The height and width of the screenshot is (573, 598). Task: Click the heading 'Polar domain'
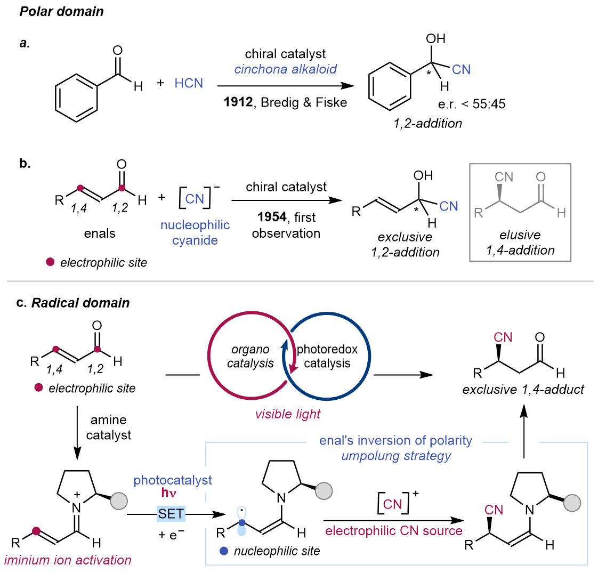[62, 12]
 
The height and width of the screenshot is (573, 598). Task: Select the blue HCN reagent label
[189, 84]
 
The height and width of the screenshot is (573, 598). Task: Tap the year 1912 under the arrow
[238, 102]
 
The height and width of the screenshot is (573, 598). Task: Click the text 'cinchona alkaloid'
[286, 69]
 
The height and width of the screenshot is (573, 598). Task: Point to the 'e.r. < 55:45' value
[472, 104]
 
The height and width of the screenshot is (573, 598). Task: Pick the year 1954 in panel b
[272, 217]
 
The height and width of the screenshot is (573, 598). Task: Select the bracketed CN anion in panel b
[195, 198]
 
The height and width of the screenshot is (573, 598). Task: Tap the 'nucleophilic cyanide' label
[195, 232]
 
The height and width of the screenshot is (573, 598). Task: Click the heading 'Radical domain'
[80, 303]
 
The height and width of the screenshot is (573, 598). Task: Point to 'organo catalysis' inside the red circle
[250, 357]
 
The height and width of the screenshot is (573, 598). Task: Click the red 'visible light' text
[288, 414]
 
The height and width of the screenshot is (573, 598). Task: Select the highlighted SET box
[171, 514]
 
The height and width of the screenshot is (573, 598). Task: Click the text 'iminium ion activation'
[68, 560]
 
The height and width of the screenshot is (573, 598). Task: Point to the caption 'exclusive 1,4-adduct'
[523, 390]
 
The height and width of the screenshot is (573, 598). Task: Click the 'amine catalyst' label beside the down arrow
[109, 428]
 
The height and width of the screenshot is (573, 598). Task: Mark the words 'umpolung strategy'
[396, 456]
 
